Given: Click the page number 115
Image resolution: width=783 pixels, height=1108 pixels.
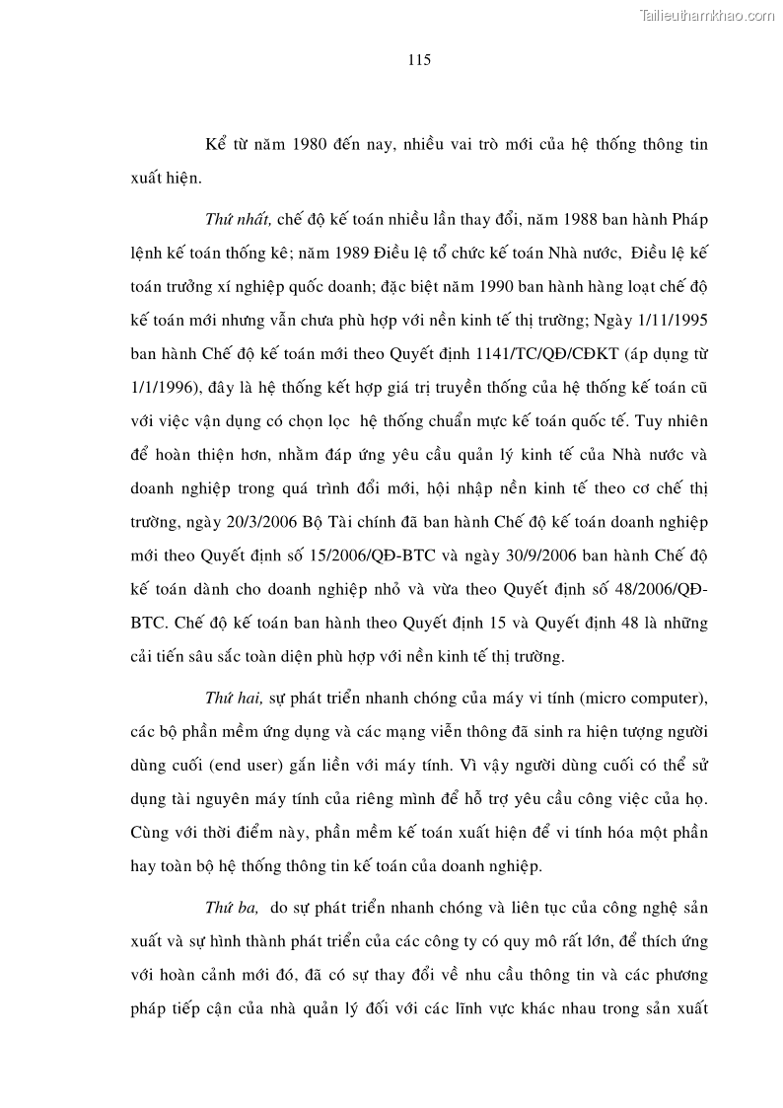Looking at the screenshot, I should (x=418, y=60).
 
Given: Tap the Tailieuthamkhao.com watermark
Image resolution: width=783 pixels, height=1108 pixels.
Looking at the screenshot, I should (x=708, y=15).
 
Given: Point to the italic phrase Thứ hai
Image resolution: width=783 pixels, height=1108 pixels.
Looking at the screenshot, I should (x=233, y=699).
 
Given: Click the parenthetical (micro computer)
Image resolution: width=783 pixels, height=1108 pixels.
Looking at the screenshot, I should (x=640, y=699).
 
